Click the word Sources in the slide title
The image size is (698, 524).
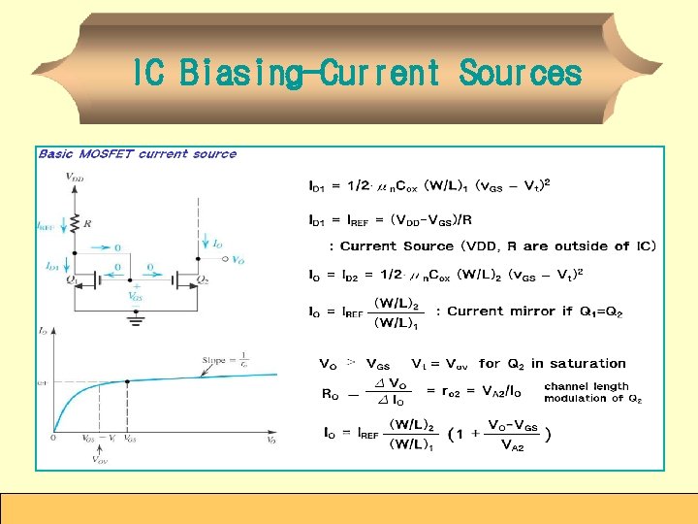coord(520,73)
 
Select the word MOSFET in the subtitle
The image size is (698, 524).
coord(108,153)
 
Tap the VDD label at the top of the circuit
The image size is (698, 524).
coord(74,177)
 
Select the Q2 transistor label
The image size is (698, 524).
coord(203,281)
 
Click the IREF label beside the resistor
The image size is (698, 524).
coord(46,226)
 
